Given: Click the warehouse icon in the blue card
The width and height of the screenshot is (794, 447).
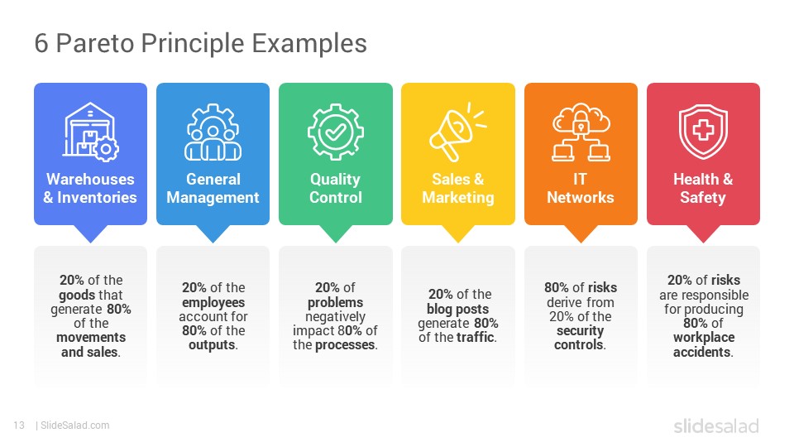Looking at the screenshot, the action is pos(91,132).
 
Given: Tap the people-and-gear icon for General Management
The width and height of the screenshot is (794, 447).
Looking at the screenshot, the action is pos(213,132).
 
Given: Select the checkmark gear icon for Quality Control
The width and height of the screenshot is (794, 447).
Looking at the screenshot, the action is pos(335,132).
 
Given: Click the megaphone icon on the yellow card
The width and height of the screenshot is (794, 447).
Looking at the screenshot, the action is pos(457,132).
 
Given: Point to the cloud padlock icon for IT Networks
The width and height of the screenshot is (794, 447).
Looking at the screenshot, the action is pos(581,132).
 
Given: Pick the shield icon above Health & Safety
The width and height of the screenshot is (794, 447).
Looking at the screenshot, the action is pos(703,132).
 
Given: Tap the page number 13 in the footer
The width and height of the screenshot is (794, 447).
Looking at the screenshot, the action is pos(19,425).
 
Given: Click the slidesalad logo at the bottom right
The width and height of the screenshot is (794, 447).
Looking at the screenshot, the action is pos(716,425).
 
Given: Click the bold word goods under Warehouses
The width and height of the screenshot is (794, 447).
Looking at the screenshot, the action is pos(76,295).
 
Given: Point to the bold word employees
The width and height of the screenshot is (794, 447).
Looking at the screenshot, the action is pos(213,303).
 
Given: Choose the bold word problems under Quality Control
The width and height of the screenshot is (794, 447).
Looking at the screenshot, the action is pos(335,303).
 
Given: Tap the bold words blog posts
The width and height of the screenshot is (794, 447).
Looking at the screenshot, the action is pos(457,309).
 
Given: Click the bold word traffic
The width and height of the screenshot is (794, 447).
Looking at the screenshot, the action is pos(476,337).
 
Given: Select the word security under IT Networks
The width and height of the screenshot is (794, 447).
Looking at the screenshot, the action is pos(581,331).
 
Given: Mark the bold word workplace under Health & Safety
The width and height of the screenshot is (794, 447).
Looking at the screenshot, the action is pos(704,338).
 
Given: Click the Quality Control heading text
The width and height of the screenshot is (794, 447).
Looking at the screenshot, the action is pos(335,188).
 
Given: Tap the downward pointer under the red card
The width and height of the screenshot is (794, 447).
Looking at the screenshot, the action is pos(703,233).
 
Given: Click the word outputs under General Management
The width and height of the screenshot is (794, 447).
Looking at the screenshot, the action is pos(213,345).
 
